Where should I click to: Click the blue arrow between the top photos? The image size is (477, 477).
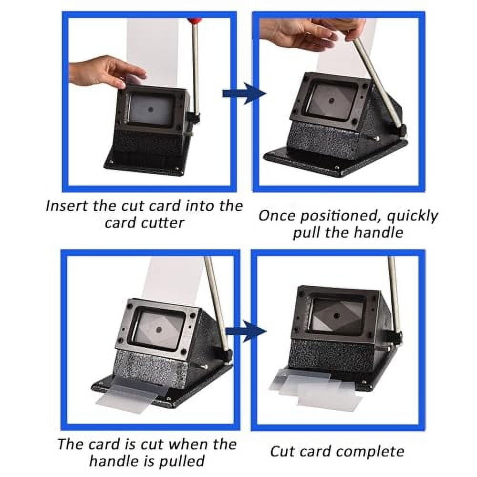[244, 93]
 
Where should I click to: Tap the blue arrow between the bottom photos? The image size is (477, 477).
[245, 332]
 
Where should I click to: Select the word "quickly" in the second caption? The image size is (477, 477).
[411, 216]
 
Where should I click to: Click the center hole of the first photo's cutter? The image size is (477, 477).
[151, 109]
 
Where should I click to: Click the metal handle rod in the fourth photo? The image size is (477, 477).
[394, 296]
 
